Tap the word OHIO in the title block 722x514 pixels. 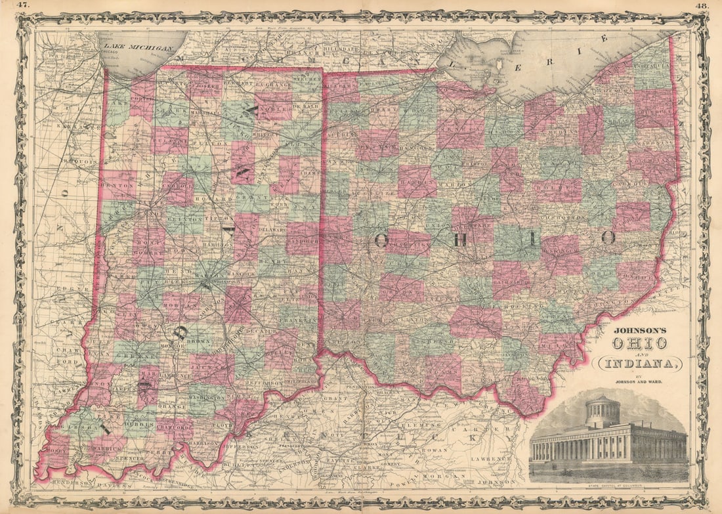pyautogui.click(x=639, y=343)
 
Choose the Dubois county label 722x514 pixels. pyautogui.click(x=141, y=424)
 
